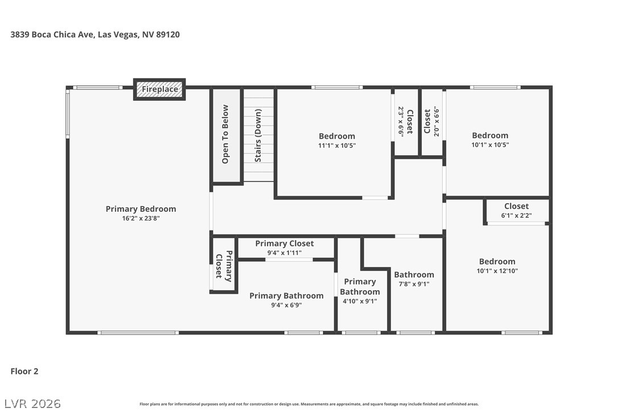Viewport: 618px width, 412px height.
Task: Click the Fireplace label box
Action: point(159,89)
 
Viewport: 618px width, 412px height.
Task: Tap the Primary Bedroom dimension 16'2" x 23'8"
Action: point(141,219)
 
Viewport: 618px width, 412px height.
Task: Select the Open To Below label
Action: point(225,134)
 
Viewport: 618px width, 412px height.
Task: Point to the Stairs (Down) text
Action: point(258,135)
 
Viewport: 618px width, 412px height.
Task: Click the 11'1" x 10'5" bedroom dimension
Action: point(337,146)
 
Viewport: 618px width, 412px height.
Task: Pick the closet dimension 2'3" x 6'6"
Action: point(401,121)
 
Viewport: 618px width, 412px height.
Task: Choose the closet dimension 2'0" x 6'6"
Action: point(436,121)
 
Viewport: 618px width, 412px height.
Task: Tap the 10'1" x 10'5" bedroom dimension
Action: point(490,145)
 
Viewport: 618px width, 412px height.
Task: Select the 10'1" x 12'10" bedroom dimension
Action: point(497,271)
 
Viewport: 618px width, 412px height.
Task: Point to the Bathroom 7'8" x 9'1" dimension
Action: point(414,284)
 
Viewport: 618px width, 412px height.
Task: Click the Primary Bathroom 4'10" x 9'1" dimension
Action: point(360,301)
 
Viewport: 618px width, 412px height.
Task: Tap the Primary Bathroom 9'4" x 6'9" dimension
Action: point(286,305)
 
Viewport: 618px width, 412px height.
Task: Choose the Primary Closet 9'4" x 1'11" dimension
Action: point(284,253)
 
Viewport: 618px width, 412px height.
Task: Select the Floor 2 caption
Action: point(24,372)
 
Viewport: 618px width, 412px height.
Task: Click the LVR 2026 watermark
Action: point(32,403)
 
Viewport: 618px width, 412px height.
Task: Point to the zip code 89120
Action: point(168,34)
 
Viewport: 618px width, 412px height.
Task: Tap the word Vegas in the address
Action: point(126,35)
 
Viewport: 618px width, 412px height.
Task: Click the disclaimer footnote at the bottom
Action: point(309,404)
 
